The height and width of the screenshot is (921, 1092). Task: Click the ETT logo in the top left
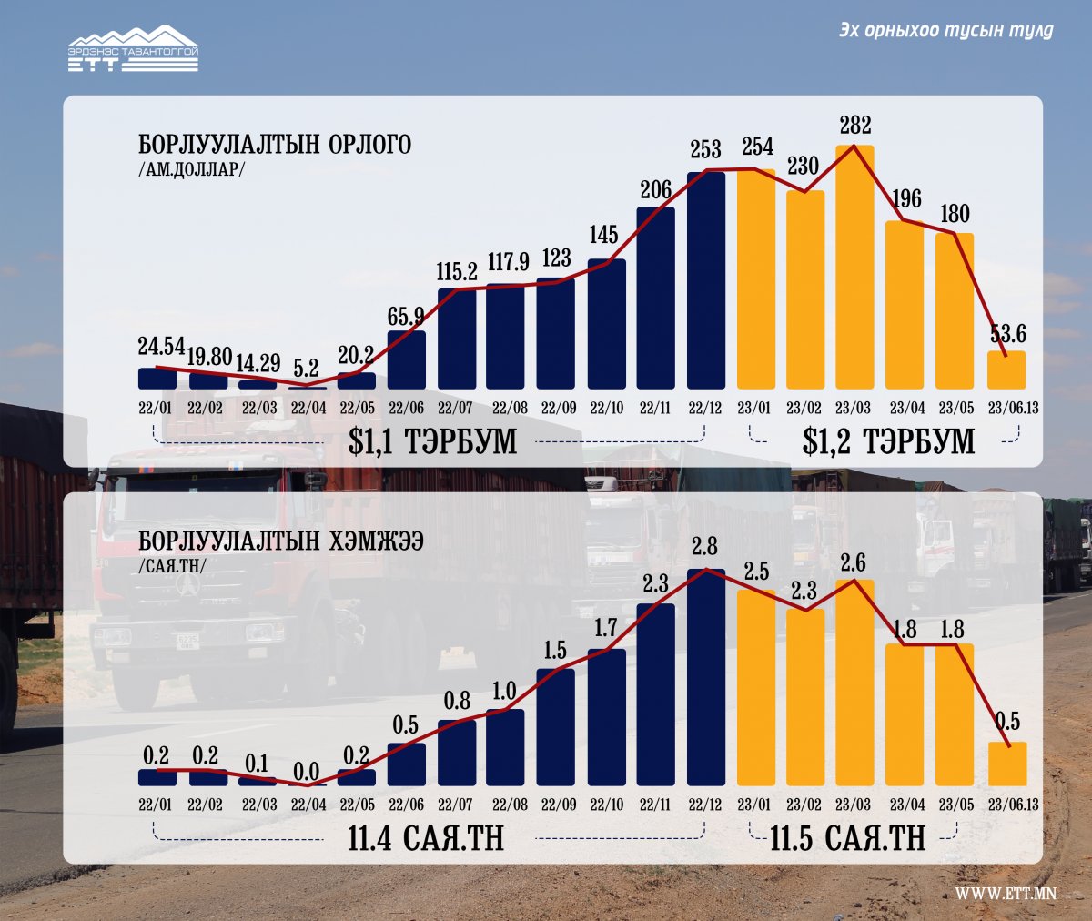[x=133, y=49]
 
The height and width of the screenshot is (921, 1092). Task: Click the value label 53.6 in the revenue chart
[x=1007, y=333]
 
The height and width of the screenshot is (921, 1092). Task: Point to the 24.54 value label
[x=161, y=346]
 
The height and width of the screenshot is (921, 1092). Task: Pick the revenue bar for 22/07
[x=457, y=339]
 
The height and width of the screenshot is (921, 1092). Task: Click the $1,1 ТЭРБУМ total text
[x=432, y=441]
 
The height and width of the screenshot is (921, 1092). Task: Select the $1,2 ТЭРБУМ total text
[x=888, y=441]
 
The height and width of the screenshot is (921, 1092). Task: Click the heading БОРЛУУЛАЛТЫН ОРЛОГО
[x=275, y=145]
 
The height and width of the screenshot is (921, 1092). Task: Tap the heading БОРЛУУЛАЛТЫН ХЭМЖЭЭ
[x=281, y=541]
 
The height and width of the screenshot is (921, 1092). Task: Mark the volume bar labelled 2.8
[x=706, y=677]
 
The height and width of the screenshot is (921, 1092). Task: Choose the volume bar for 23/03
[x=854, y=683]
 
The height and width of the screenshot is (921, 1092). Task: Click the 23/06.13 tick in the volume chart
[x=1013, y=805]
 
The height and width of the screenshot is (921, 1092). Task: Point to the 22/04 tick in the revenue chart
[x=308, y=408]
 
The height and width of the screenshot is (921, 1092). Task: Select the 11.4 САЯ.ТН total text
[x=426, y=838]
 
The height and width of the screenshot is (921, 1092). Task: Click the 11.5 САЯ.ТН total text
[x=848, y=838]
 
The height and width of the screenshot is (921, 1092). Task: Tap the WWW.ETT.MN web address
[x=1006, y=894]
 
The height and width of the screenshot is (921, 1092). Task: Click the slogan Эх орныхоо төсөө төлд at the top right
[x=945, y=31]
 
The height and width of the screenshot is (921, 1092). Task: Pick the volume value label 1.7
[x=605, y=628]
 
